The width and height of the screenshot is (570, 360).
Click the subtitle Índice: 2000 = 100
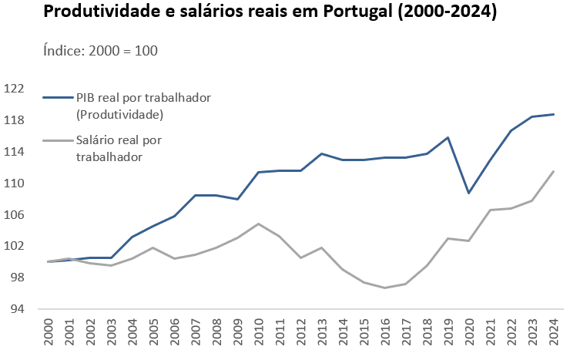pos(101,50)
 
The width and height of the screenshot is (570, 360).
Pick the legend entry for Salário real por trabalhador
pos(118,148)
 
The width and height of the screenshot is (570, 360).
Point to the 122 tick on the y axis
pos(14,89)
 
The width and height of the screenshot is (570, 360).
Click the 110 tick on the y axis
pos(14,183)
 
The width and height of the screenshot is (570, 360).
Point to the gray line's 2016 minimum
pos(385,288)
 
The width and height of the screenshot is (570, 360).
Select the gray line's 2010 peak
pos(260,224)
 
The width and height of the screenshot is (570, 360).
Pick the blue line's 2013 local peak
pos(322,153)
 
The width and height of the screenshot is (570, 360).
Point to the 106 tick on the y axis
pos(14,215)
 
